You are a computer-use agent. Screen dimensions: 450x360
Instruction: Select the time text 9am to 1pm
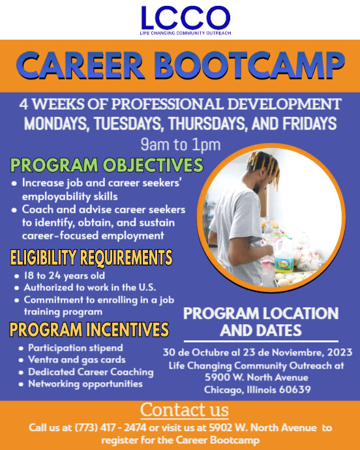pyautogui.click(x=180, y=144)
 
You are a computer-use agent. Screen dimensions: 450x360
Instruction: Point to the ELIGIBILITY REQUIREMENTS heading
pyautogui.click(x=91, y=257)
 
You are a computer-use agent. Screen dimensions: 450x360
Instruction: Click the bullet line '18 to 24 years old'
pyautogui.click(x=61, y=276)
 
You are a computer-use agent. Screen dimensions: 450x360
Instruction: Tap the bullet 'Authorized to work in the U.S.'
pyautogui.click(x=89, y=288)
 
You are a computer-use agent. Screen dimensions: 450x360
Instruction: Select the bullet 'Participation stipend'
pyautogui.click(x=76, y=348)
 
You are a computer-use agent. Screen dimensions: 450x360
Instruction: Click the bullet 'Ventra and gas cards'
pyautogui.click(x=77, y=360)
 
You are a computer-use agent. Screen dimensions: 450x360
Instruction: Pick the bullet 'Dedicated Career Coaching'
pyautogui.click(x=91, y=372)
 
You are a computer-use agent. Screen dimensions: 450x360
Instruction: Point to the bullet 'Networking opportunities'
pyautogui.click(x=85, y=383)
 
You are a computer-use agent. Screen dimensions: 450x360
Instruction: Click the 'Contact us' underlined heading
pyautogui.click(x=185, y=410)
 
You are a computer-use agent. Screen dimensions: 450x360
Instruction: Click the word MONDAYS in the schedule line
pyautogui.click(x=63, y=123)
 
